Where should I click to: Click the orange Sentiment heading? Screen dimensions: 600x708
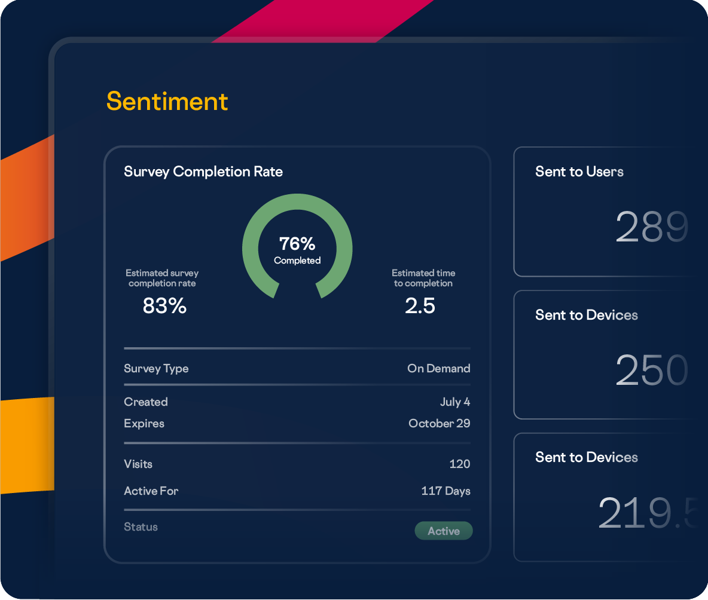click(167, 102)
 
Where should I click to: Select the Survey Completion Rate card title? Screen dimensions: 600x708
click(203, 172)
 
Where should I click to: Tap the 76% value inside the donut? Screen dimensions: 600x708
click(297, 244)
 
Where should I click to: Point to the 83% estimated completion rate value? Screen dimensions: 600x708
click(164, 306)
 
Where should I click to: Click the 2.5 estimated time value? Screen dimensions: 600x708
click(420, 306)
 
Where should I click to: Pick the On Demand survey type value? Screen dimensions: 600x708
click(438, 368)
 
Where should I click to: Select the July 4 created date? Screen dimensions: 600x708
click(454, 402)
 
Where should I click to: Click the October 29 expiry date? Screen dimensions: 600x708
click(439, 423)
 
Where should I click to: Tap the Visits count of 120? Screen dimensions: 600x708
click(459, 464)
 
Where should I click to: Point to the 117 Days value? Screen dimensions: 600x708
click(445, 491)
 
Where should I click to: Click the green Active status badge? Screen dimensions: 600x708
click(444, 531)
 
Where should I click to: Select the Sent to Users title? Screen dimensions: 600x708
click(579, 172)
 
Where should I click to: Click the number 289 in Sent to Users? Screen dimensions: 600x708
click(651, 226)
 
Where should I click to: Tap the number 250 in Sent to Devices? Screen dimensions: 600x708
click(651, 370)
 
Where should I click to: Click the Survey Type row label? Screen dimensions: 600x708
click(156, 368)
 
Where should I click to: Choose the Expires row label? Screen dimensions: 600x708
click(144, 423)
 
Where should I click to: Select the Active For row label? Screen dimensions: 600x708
click(151, 491)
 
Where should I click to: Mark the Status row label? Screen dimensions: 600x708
click(141, 526)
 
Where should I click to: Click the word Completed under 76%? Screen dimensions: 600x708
click(297, 261)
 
